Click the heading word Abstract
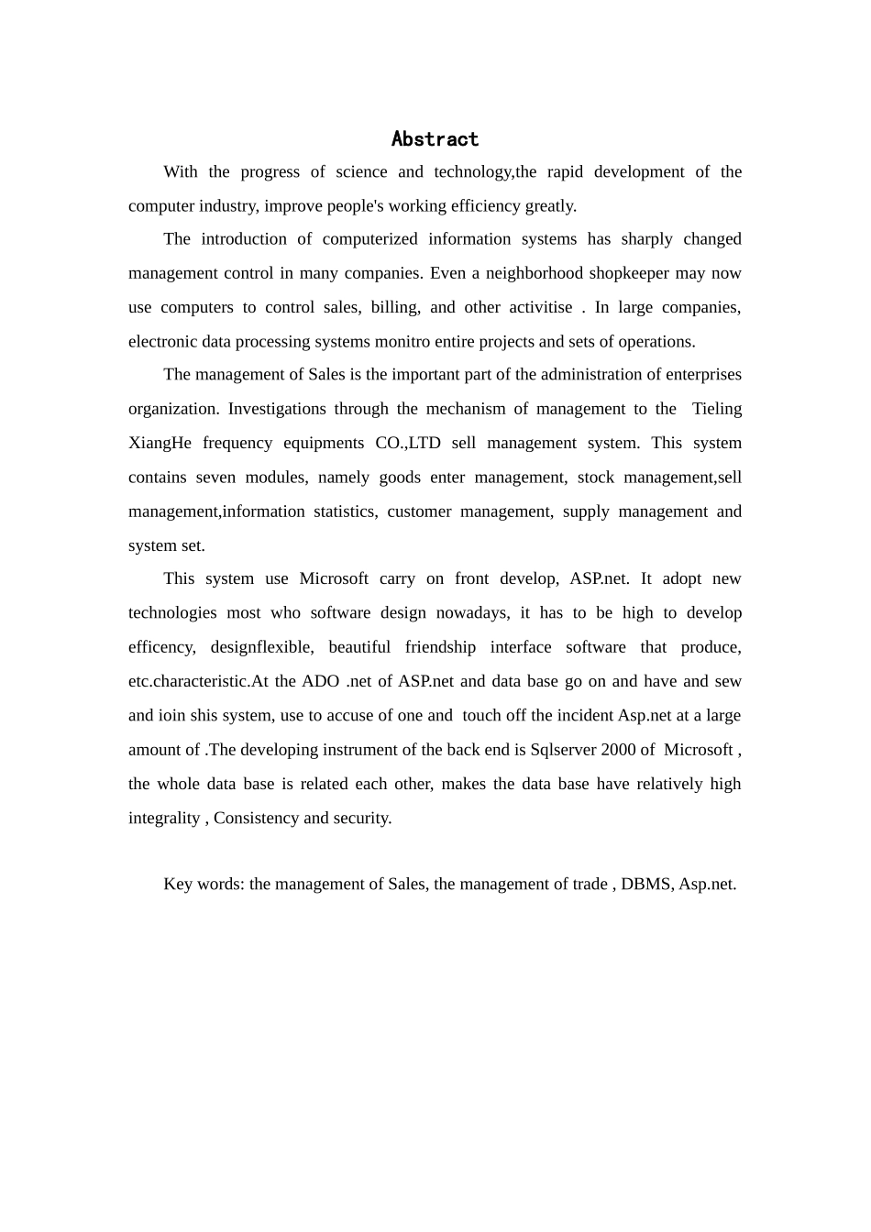pos(435,139)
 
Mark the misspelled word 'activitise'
pos(535,307)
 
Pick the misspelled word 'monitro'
pos(404,341)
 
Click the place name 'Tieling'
pos(717,409)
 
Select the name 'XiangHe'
pos(160,443)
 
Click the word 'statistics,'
pos(345,511)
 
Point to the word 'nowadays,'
pos(472,612)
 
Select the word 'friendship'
pos(440,647)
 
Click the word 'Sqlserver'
pos(563,750)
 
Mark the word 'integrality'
pos(164,818)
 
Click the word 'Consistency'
pos(256,818)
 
